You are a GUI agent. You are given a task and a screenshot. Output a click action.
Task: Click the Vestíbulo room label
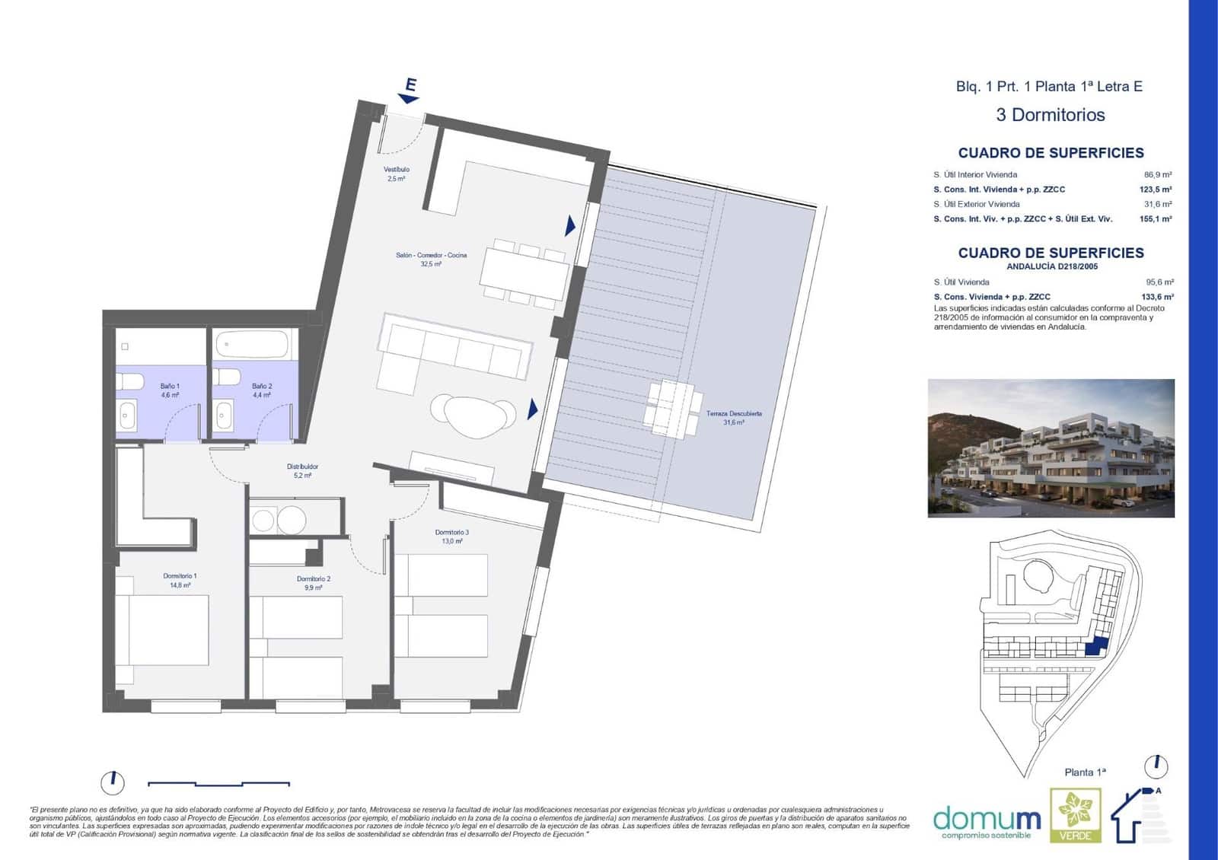pos(396,174)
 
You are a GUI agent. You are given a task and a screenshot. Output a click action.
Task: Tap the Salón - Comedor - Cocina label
pos(431,260)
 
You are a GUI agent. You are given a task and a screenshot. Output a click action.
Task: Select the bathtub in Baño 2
pos(252,346)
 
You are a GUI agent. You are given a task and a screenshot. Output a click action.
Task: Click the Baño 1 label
pos(170,390)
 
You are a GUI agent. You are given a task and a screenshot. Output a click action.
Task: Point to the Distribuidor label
pos(302,470)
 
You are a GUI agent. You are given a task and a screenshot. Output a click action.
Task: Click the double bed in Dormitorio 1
pos(167,630)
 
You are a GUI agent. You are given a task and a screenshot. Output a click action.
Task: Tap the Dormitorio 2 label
pos(313,583)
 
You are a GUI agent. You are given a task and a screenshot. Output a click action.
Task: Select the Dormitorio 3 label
pos(451,537)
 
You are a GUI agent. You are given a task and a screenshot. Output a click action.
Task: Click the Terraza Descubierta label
pos(734,417)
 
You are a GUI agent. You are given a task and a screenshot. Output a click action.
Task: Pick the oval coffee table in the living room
pos(472,414)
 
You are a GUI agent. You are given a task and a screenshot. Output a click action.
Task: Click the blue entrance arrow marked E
pos(410,91)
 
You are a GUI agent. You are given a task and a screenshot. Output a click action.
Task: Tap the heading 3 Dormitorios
pos(1050,115)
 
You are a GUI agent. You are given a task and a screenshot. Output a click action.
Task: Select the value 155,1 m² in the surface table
pos(1155,219)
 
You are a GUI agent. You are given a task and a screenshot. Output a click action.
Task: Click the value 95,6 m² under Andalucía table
pos(1159,282)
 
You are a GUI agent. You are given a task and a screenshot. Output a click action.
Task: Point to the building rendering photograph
pos(1051,448)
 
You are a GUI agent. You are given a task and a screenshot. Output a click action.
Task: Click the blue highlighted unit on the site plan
pos(1095,647)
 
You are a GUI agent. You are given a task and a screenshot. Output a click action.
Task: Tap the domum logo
pos(987,820)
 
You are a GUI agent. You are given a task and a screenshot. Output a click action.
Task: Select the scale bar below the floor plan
pos(218,783)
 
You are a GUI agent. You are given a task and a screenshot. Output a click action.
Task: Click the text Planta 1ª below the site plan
pos(1085,772)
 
